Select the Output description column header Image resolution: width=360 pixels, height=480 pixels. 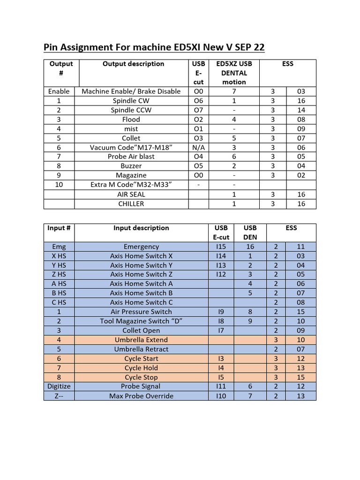[x=133, y=64]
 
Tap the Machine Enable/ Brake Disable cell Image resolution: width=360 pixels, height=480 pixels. [x=131, y=91]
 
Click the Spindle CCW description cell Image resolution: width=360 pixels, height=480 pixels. [x=131, y=110]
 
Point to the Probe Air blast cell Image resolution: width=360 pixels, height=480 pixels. [x=131, y=157]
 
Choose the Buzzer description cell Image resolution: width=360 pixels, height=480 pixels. [x=131, y=166]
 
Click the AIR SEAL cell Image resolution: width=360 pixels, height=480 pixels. [x=131, y=194]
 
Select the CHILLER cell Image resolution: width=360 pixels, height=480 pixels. [x=131, y=203]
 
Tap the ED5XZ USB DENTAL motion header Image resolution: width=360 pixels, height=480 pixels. [x=234, y=73]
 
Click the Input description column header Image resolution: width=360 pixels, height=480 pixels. [x=141, y=228]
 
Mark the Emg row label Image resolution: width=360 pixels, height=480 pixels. [x=59, y=247]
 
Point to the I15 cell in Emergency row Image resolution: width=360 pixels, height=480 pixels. [x=221, y=247]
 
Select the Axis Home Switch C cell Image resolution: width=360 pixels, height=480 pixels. [x=141, y=302]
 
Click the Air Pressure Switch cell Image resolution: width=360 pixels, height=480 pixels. [x=141, y=312]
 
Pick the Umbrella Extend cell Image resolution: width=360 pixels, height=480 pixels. [x=141, y=340]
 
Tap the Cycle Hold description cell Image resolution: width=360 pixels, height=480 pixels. [x=141, y=368]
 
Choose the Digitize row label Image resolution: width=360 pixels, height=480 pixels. [x=59, y=386]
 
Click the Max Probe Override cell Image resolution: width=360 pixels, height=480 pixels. [x=141, y=396]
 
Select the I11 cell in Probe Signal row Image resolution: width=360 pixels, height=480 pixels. [x=221, y=386]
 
